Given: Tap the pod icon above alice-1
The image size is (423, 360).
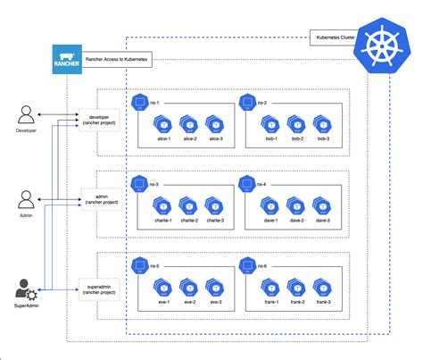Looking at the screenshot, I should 162,124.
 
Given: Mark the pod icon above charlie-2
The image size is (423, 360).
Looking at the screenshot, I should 188,204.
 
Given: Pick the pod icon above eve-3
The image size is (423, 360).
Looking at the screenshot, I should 213,286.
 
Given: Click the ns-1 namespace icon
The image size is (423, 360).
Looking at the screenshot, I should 138,103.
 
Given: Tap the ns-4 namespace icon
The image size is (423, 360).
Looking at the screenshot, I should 245,183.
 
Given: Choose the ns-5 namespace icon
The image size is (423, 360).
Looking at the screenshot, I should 138,265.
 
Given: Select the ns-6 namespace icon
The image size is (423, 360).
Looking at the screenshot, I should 245,265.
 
